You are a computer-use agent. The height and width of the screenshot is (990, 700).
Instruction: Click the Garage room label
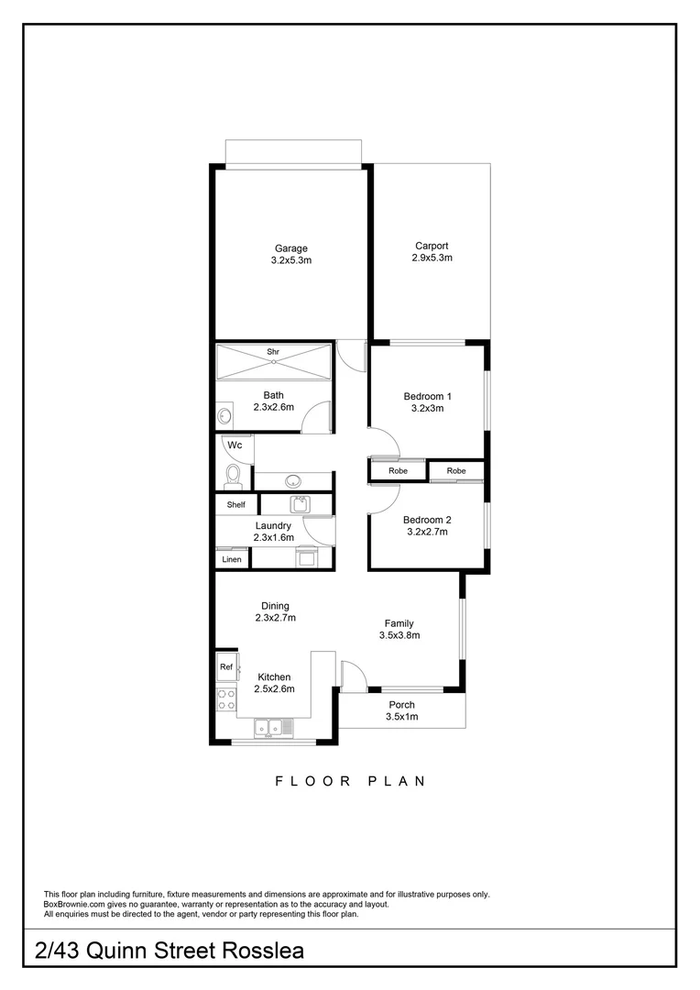(290, 248)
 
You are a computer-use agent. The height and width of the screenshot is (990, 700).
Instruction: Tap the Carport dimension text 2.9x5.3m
(432, 258)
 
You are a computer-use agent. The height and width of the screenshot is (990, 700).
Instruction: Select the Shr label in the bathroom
(273, 352)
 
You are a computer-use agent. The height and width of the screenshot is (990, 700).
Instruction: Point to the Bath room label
(273, 395)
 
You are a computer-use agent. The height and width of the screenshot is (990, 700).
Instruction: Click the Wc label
(235, 445)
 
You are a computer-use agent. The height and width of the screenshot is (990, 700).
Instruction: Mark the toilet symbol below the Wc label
(233, 476)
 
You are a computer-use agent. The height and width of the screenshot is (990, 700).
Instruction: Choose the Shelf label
(236, 505)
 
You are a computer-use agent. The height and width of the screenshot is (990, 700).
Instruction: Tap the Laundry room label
(273, 525)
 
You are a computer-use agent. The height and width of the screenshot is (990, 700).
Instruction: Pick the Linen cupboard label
(232, 559)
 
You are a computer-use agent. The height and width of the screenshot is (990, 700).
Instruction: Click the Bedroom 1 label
(428, 396)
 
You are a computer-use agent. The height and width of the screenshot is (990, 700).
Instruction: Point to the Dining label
(275, 606)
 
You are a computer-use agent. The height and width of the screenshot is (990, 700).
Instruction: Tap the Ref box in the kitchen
(225, 667)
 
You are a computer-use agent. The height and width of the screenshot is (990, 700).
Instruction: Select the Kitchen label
(274, 677)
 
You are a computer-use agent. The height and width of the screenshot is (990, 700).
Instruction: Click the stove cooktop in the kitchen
(225, 700)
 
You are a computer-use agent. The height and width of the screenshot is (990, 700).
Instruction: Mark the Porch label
(401, 705)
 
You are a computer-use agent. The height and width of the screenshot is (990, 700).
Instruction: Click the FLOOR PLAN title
(350, 782)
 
